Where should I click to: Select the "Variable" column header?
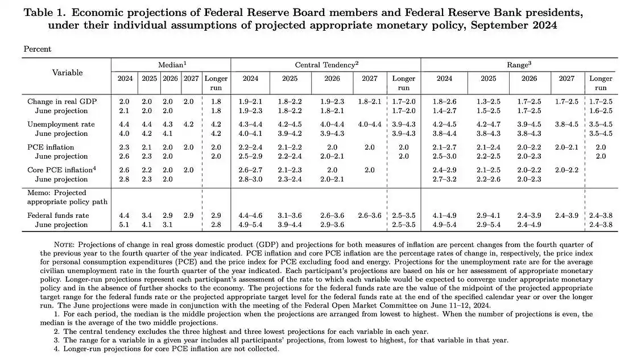click(x=67, y=72)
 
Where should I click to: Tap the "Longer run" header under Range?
click(x=601, y=83)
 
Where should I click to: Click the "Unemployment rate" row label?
click(x=61, y=124)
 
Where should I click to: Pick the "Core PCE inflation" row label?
click(x=60, y=169)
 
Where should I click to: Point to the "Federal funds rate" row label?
click(x=58, y=216)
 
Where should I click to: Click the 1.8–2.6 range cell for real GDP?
click(x=444, y=101)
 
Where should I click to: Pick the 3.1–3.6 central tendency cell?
click(x=289, y=216)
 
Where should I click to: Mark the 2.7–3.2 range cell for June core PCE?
click(x=444, y=179)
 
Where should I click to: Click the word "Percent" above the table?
click(x=38, y=49)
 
